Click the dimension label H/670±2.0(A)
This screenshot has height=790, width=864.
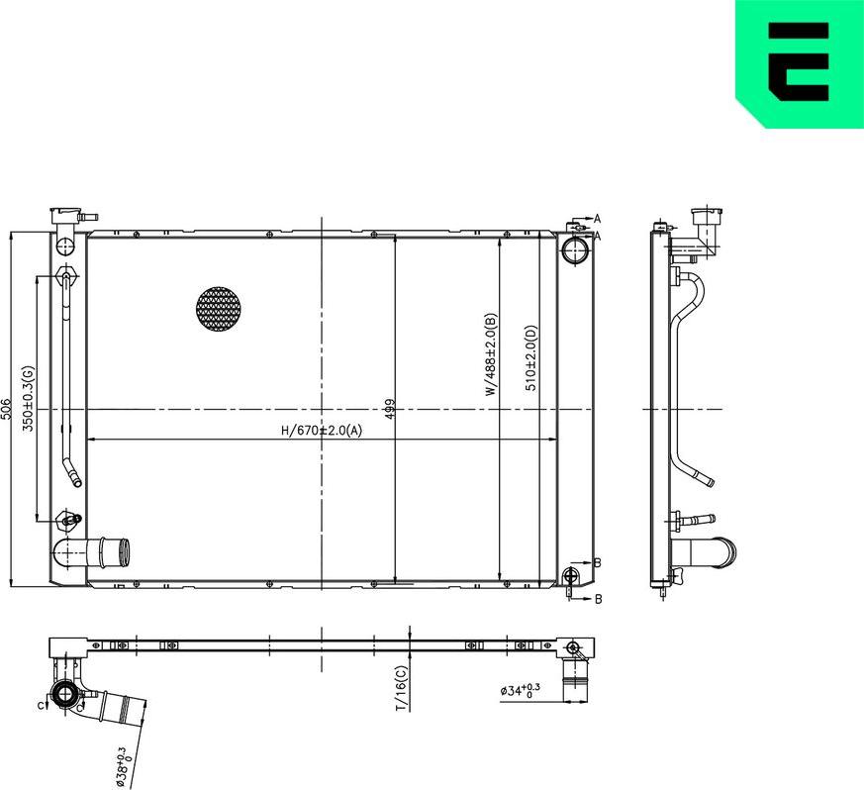coord(323,431)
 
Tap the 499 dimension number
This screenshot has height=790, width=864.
coord(389,409)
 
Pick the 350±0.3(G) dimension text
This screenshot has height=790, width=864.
coord(30,398)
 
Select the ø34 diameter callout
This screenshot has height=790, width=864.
coord(520,690)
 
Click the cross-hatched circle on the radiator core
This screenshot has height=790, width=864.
coord(219,309)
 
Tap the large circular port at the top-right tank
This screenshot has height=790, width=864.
coord(574,249)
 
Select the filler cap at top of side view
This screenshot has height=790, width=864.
coord(707,216)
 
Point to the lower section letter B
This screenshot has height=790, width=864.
coord(598,599)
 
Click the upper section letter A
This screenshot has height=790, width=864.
coord(597,218)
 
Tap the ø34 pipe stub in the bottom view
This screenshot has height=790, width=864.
coord(574,681)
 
